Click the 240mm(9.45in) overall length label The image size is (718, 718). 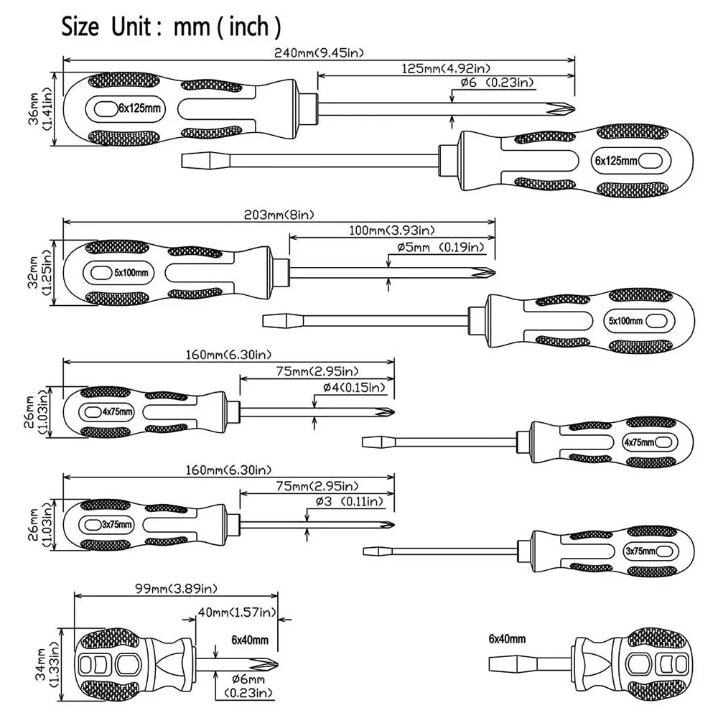(x=319, y=52)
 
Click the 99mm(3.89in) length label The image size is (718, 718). (x=175, y=589)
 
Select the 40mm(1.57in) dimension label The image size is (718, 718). (x=236, y=612)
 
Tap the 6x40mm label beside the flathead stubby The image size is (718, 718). (x=507, y=638)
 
